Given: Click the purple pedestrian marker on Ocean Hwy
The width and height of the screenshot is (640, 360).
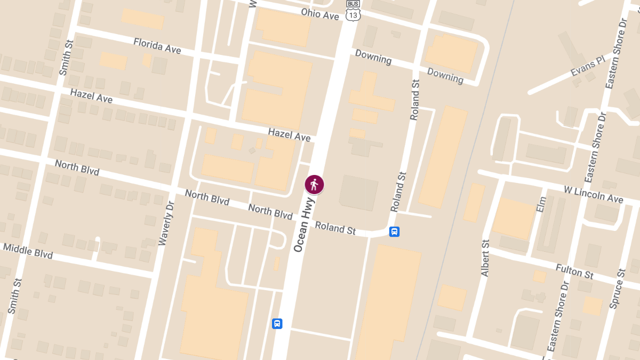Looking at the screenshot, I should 314,185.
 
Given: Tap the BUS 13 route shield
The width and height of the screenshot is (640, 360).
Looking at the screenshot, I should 353,11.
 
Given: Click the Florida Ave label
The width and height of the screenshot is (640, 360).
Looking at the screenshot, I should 157,46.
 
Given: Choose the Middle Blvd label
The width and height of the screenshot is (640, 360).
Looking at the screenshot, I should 28,251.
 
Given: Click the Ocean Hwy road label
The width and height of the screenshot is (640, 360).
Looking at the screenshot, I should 305,223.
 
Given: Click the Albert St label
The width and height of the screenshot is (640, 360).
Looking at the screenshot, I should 485,258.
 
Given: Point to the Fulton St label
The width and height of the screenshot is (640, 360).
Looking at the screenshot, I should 574,271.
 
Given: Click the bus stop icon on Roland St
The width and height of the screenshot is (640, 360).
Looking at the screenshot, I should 394,231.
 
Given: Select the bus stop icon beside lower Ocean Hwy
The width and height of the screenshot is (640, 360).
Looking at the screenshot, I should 277,323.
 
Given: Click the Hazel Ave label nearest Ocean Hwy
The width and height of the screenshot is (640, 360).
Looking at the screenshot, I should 289,134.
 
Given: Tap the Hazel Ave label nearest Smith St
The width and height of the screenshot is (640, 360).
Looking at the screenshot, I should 91,96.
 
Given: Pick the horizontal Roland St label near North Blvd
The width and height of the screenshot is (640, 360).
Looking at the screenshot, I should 335,228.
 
